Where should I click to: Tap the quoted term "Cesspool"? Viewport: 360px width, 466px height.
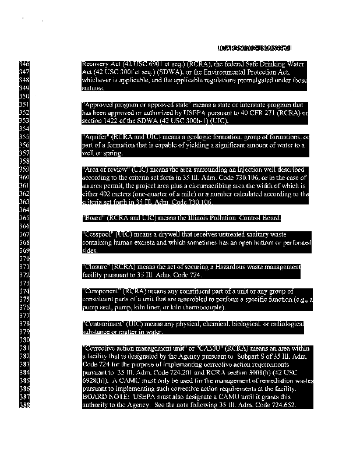[x=98, y=234]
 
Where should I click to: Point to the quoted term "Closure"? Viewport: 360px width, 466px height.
[x=96, y=266]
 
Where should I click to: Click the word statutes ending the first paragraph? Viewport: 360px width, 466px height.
[x=93, y=88]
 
